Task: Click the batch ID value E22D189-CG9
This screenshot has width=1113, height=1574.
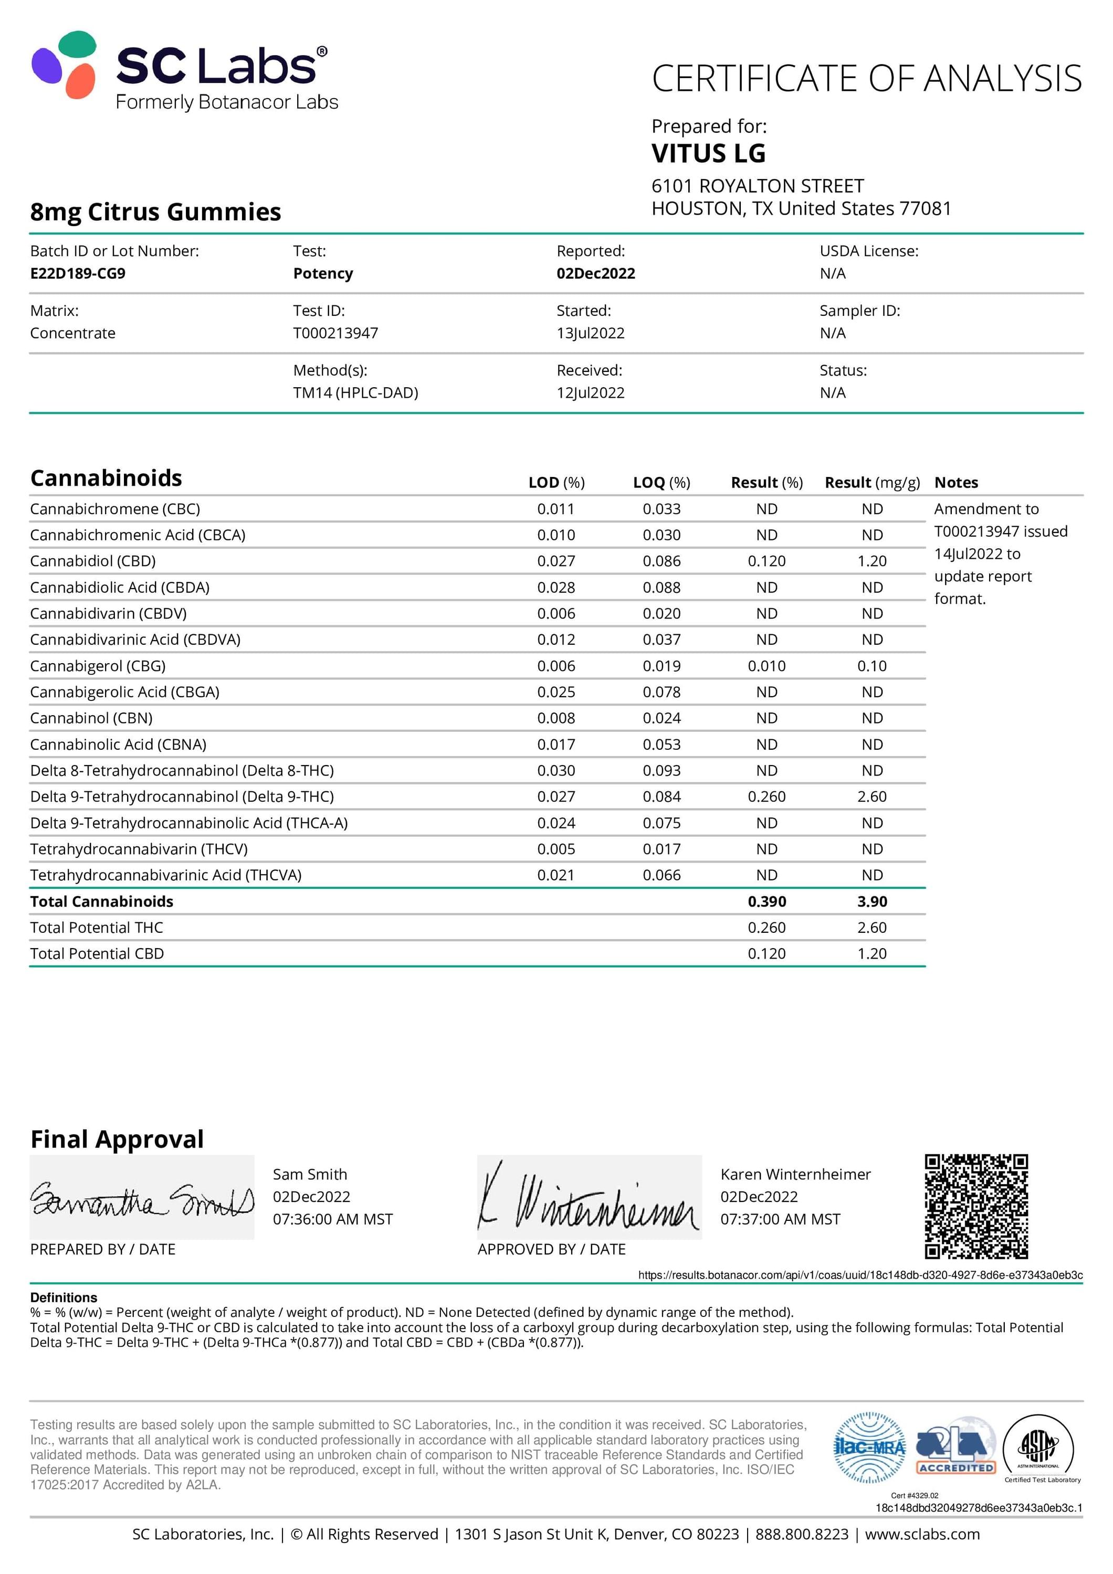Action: [78, 273]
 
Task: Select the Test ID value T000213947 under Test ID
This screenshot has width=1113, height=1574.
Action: [335, 333]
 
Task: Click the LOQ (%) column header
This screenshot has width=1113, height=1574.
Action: [661, 482]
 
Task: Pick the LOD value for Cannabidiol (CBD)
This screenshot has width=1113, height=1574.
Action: [555, 561]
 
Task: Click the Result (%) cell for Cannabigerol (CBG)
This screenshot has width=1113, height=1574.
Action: [766, 666]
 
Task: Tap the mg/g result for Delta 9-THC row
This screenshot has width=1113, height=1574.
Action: [871, 796]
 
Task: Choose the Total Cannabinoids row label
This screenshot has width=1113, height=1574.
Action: [101, 901]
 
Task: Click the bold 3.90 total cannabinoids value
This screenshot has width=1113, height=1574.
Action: [871, 901]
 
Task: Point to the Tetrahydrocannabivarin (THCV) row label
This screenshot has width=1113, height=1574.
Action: [139, 849]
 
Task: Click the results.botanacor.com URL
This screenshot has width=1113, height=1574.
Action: [860, 1274]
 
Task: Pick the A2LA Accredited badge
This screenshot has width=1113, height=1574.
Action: [955, 1447]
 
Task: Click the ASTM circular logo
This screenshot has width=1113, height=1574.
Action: [1037, 1447]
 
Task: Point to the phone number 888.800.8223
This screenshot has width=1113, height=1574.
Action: [801, 1534]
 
